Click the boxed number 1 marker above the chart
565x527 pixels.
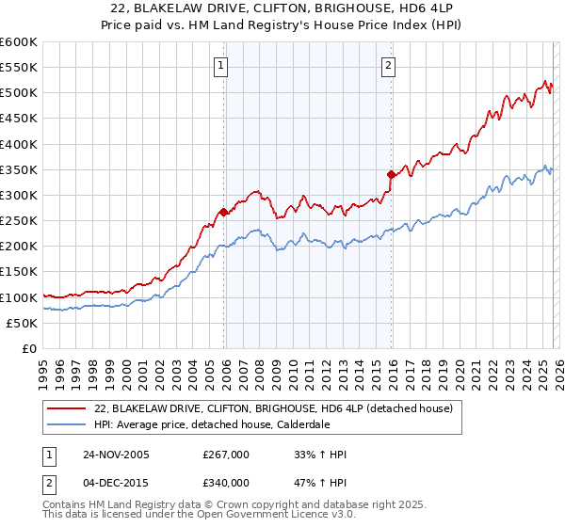tap(220, 65)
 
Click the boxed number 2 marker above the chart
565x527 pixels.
tap(388, 65)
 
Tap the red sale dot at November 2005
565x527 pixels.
tap(223, 212)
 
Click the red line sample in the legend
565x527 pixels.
tap(68, 408)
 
